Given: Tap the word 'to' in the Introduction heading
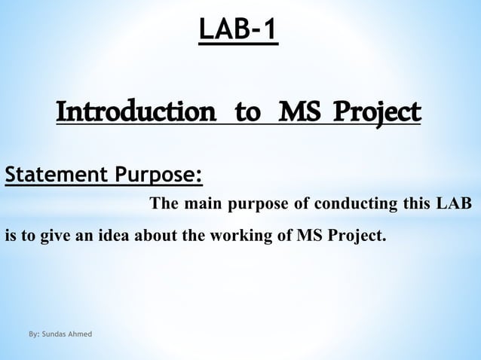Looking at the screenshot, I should [x=246, y=114].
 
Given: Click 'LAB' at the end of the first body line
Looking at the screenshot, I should [x=455, y=204].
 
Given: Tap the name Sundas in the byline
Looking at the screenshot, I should [x=57, y=332].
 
